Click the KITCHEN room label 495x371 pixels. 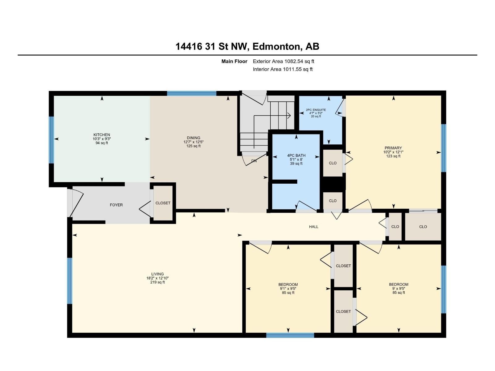click(102, 135)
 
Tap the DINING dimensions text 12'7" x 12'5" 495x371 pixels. click(193, 142)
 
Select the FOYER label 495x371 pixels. click(116, 205)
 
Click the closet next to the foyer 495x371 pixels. click(163, 203)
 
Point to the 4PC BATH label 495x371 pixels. click(296, 156)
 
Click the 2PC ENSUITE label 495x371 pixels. click(316, 110)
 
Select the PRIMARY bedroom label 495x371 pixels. click(393, 148)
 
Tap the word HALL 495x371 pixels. click(313, 227)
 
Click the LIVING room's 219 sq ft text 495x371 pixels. click(157, 282)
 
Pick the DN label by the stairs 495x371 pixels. click(254, 161)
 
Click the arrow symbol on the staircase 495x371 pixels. click(288, 115)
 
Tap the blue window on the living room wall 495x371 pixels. click(70, 281)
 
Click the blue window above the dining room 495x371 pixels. click(192, 93)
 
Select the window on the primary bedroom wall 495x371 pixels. click(443, 148)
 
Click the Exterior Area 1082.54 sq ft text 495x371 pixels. click(283, 61)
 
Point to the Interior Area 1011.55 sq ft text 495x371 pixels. click(282, 69)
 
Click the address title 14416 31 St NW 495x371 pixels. click(212, 46)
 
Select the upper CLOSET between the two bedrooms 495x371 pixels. click(343, 266)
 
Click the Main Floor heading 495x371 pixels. click(234, 61)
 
